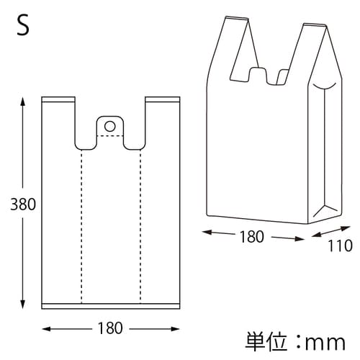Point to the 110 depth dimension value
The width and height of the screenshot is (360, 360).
tap(339, 246)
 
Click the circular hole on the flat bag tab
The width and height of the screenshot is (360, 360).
tap(109, 127)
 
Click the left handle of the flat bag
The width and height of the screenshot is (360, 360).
tap(60, 119)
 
